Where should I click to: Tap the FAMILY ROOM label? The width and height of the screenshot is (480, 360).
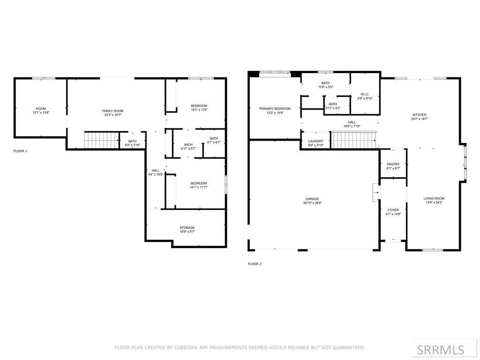(x=113, y=111)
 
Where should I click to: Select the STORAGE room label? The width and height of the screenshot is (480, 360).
(x=187, y=228)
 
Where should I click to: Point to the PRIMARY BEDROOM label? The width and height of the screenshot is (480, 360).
(x=275, y=109)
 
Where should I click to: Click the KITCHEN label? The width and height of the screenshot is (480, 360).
(x=420, y=115)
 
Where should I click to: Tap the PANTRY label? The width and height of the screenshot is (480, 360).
(x=393, y=164)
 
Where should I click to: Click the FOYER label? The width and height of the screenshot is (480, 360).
(x=393, y=210)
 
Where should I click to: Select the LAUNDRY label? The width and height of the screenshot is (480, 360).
(x=315, y=141)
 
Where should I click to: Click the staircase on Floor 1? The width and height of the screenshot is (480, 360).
(x=99, y=140)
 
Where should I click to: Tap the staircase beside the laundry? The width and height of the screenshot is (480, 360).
(x=354, y=140)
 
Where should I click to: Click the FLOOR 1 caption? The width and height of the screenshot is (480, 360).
(x=20, y=151)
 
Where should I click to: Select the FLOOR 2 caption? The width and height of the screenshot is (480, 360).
(x=255, y=264)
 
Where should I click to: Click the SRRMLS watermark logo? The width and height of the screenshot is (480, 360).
(x=441, y=350)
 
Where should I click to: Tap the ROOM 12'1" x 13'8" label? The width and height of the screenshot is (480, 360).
(x=41, y=111)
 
